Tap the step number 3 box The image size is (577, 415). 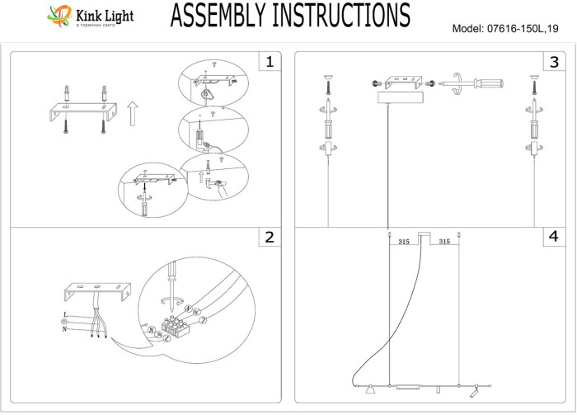coord(554,62)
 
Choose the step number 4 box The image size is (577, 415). coord(554,238)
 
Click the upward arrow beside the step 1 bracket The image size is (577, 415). coord(131,112)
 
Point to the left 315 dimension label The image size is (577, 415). coord(404,243)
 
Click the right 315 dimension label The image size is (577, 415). coord(443,243)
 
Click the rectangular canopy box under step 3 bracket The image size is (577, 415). coord(398,97)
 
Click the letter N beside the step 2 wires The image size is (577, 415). coord(65,329)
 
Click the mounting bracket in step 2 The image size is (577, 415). coord(96,293)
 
